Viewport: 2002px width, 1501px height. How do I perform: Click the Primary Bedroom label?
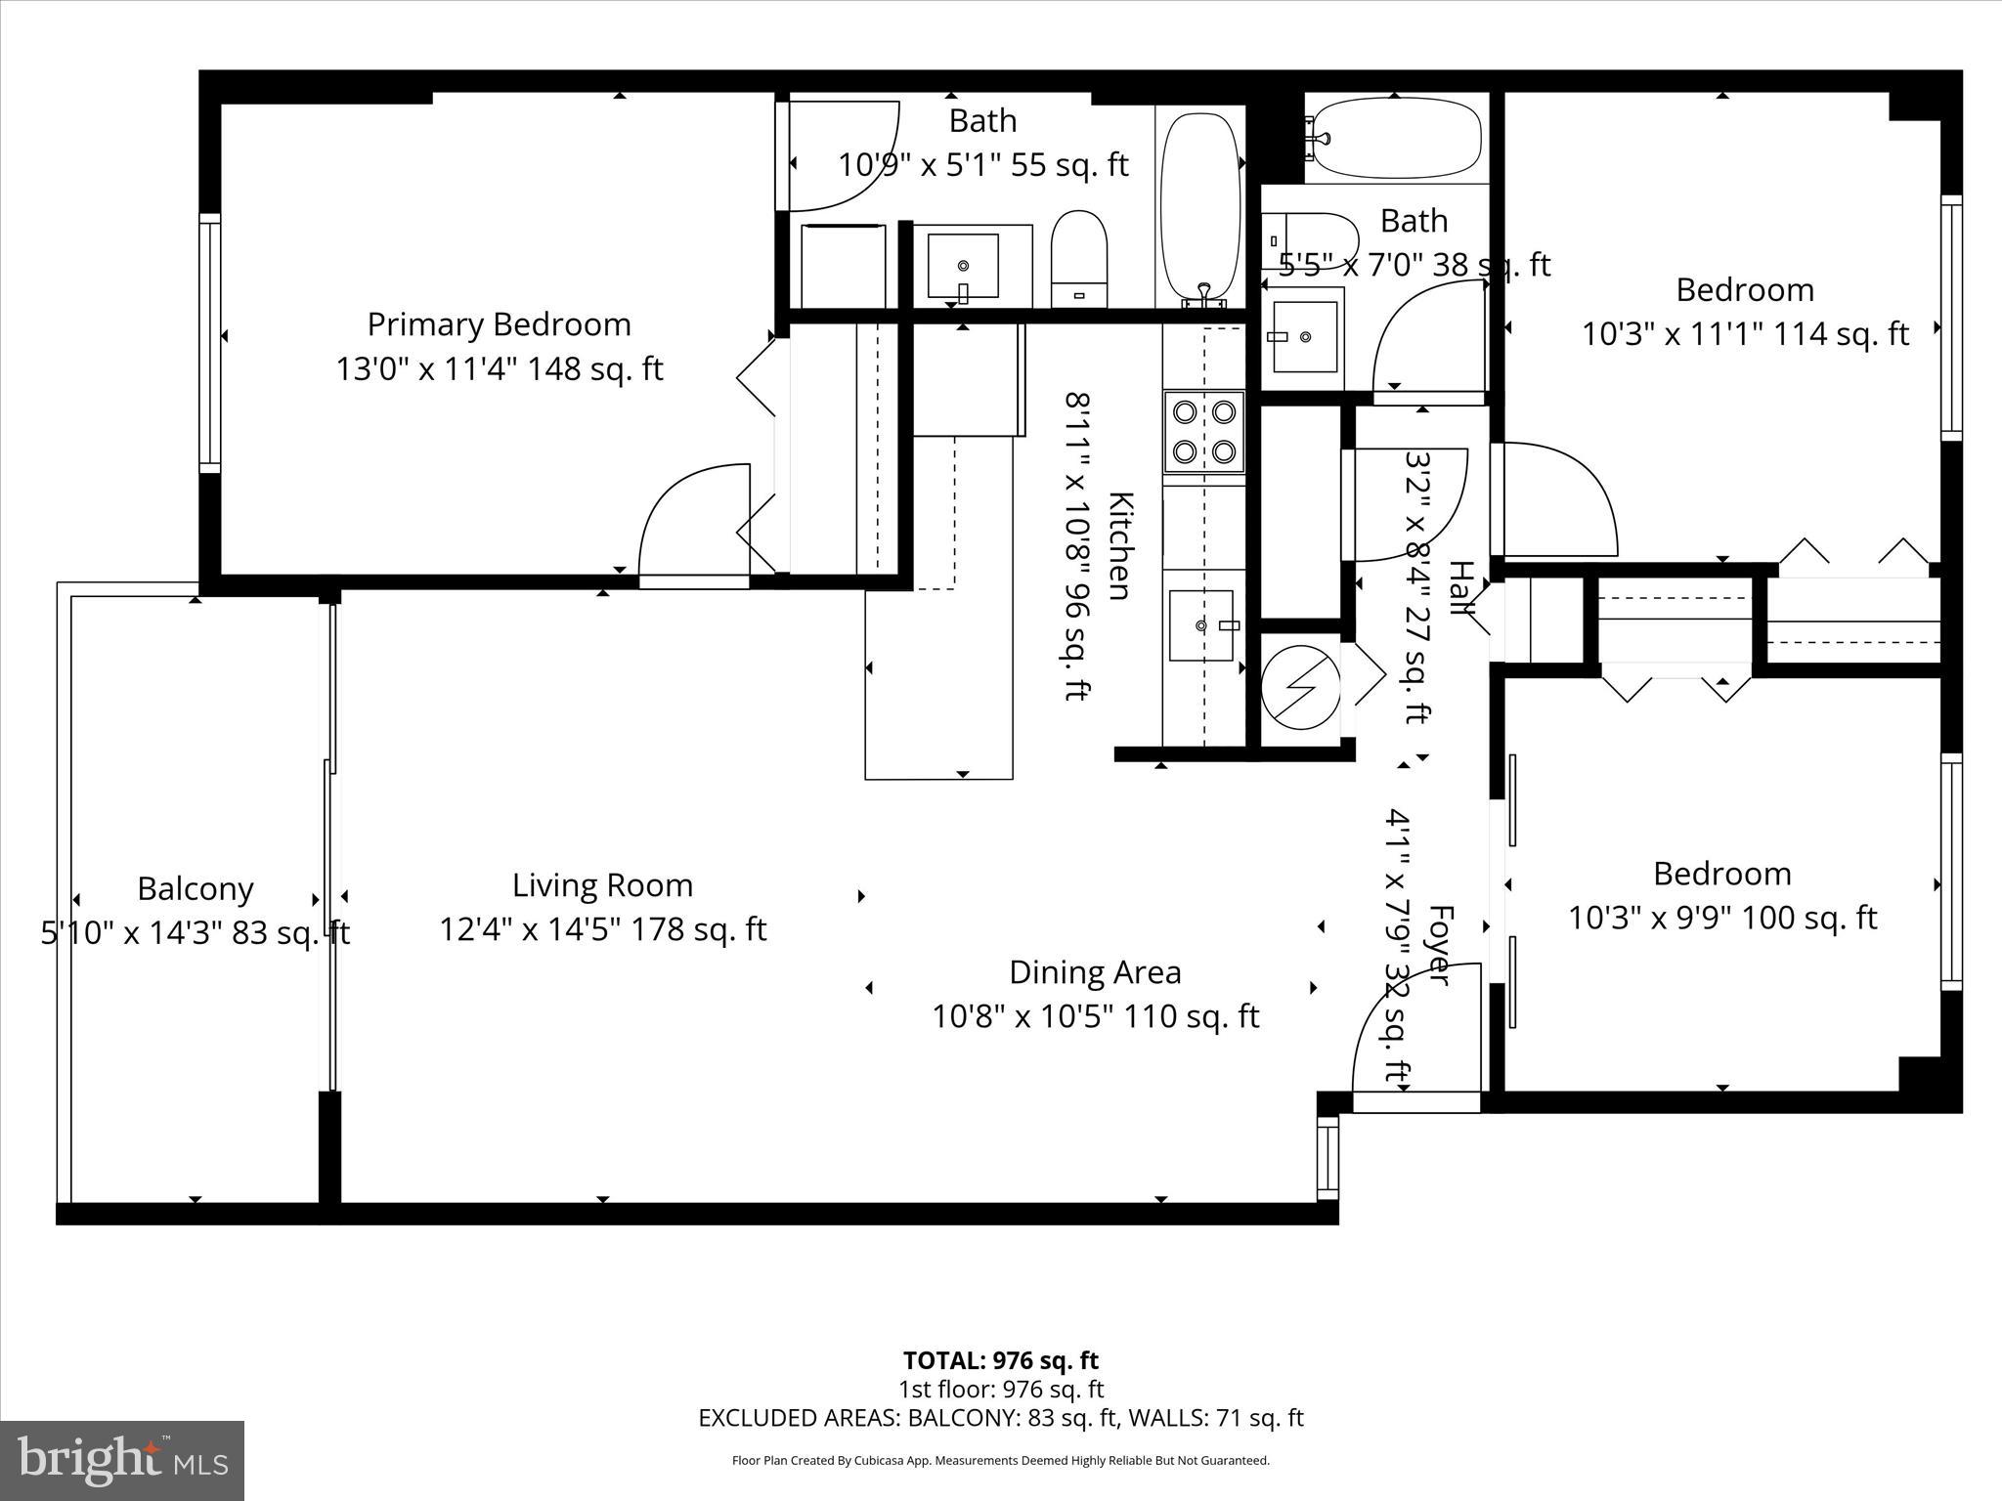[x=499, y=324]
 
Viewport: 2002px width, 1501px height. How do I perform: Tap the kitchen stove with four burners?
[x=1203, y=432]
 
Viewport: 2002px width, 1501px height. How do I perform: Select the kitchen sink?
[x=1202, y=625]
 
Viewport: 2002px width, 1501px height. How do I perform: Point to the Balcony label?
[x=195, y=889]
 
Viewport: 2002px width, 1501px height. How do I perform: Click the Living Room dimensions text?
[x=602, y=929]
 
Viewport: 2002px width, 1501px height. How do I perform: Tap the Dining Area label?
[x=1095, y=972]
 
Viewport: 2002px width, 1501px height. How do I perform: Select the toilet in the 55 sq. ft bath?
[x=1078, y=259]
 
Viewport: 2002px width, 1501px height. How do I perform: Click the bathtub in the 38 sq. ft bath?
[x=1395, y=143]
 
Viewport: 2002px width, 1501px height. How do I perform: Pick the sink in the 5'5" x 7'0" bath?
[x=1304, y=336]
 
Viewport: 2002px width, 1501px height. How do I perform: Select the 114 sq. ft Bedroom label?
[x=1744, y=290]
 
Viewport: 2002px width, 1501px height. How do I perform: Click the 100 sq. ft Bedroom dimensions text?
[x=1722, y=919]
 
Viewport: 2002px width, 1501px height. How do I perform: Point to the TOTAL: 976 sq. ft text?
[x=1000, y=1360]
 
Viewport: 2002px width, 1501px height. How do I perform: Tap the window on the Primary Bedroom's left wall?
[x=209, y=342]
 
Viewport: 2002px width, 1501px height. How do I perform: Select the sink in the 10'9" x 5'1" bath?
[x=963, y=266]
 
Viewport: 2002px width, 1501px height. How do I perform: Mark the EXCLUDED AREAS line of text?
[x=1000, y=1418]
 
